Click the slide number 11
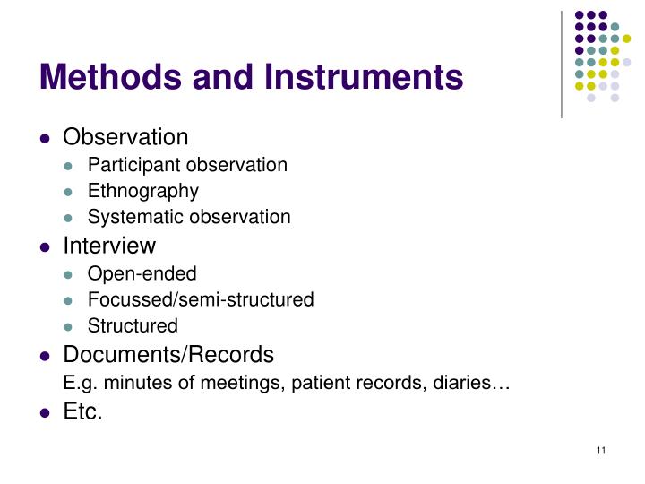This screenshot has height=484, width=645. pos(600,449)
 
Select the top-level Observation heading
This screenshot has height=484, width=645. pos(125,137)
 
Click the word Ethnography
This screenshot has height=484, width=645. pos(143,191)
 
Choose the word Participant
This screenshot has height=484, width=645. pos(129,165)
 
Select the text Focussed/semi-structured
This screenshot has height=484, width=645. pos(201,299)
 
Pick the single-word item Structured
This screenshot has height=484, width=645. pos(133,325)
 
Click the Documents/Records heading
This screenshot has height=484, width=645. pos(168,353)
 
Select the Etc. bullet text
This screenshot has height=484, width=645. pos(83,412)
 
